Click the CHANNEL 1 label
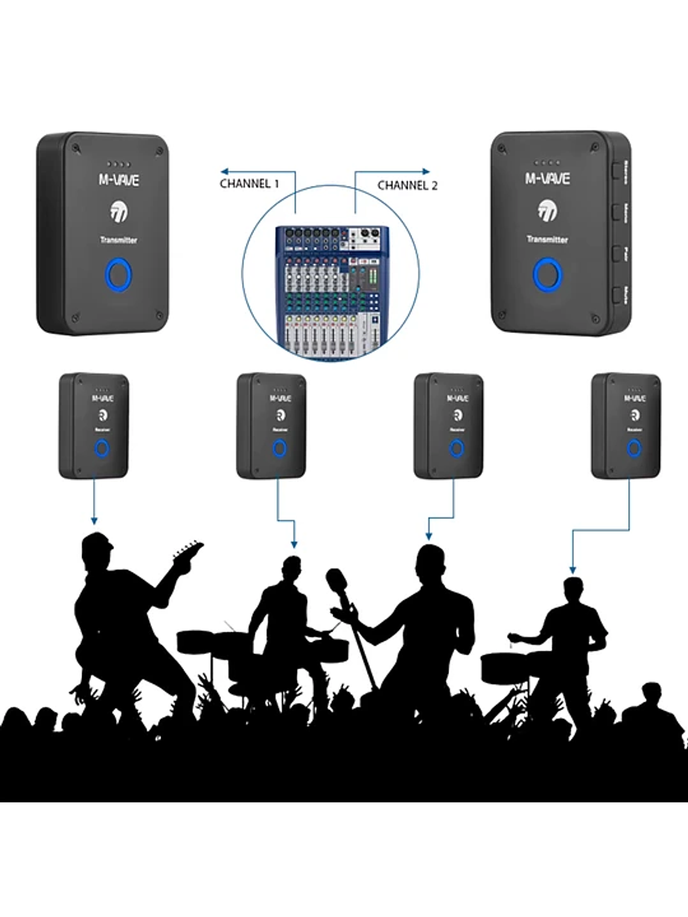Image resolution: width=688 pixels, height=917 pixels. pyautogui.click(x=249, y=183)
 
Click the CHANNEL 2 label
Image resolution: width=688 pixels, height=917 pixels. pyautogui.click(x=407, y=185)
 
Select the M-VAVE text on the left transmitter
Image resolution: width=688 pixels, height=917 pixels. pyautogui.click(x=119, y=179)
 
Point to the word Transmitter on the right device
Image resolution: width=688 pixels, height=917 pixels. pyautogui.click(x=547, y=240)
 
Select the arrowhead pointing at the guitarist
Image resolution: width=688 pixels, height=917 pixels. pyautogui.click(x=94, y=520)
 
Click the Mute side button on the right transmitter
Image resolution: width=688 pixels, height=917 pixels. pyautogui.click(x=617, y=296)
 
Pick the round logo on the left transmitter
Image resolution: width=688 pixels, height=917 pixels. pyautogui.click(x=118, y=214)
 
